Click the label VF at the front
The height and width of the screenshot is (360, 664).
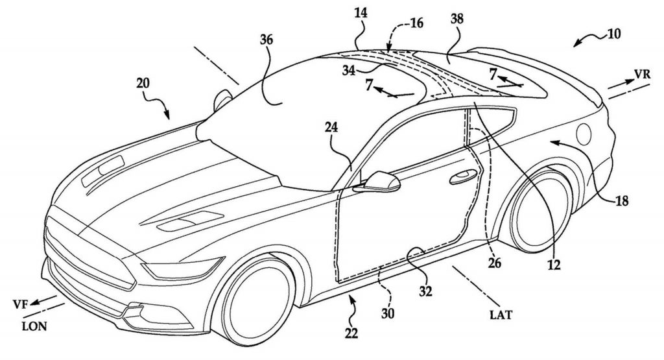(x=20, y=302)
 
